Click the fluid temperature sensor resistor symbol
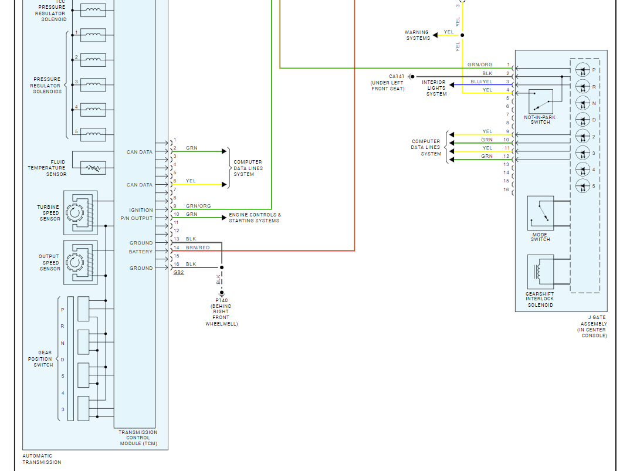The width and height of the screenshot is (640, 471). pyautogui.click(x=93, y=168)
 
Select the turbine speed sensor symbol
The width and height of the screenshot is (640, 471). pyautogui.click(x=80, y=212)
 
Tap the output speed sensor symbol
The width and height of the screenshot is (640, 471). pyautogui.click(x=80, y=262)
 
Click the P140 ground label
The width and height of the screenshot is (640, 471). pyautogui.click(x=221, y=300)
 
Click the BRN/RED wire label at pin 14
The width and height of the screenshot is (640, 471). pyautogui.click(x=198, y=248)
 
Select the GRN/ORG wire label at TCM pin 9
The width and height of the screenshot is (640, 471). pyautogui.click(x=198, y=206)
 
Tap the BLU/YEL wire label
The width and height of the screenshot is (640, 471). pyautogui.click(x=481, y=82)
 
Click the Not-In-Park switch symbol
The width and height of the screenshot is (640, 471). pyautogui.click(x=540, y=101)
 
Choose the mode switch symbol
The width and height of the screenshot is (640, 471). pyautogui.click(x=540, y=214)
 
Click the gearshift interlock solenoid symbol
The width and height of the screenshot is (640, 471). pyautogui.click(x=540, y=272)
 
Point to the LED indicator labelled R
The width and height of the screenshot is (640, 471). pyautogui.click(x=582, y=87)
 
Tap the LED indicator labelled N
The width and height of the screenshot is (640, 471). pyautogui.click(x=582, y=103)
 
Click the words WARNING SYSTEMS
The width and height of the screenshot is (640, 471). pyautogui.click(x=417, y=35)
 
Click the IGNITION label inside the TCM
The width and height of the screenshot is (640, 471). pyautogui.click(x=141, y=210)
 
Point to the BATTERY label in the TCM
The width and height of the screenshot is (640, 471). pyautogui.click(x=141, y=252)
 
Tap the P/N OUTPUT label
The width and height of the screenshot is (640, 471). pyautogui.click(x=137, y=218)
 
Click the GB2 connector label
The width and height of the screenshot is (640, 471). pyautogui.click(x=178, y=273)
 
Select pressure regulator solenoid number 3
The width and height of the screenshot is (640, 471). pyautogui.click(x=93, y=85)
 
